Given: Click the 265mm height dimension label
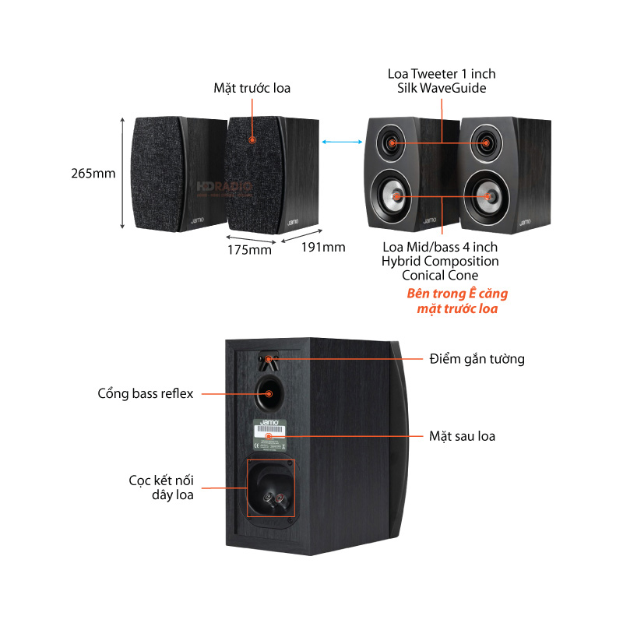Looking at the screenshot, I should coord(93,173).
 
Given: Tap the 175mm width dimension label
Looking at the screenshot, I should coord(249,249).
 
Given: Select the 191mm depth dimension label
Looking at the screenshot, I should coord(322,248).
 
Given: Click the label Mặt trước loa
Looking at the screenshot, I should coord(252,88).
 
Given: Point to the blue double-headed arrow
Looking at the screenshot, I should coord(343,142).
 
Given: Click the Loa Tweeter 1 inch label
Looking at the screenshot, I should coord(442,74).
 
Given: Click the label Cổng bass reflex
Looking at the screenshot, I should coord(146,393).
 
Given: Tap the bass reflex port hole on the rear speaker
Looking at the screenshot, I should coord(269,392).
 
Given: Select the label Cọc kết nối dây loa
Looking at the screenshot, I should coord(161,487).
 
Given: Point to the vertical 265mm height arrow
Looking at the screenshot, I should coord(123,173).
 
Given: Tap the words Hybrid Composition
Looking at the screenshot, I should coord(440,262).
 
